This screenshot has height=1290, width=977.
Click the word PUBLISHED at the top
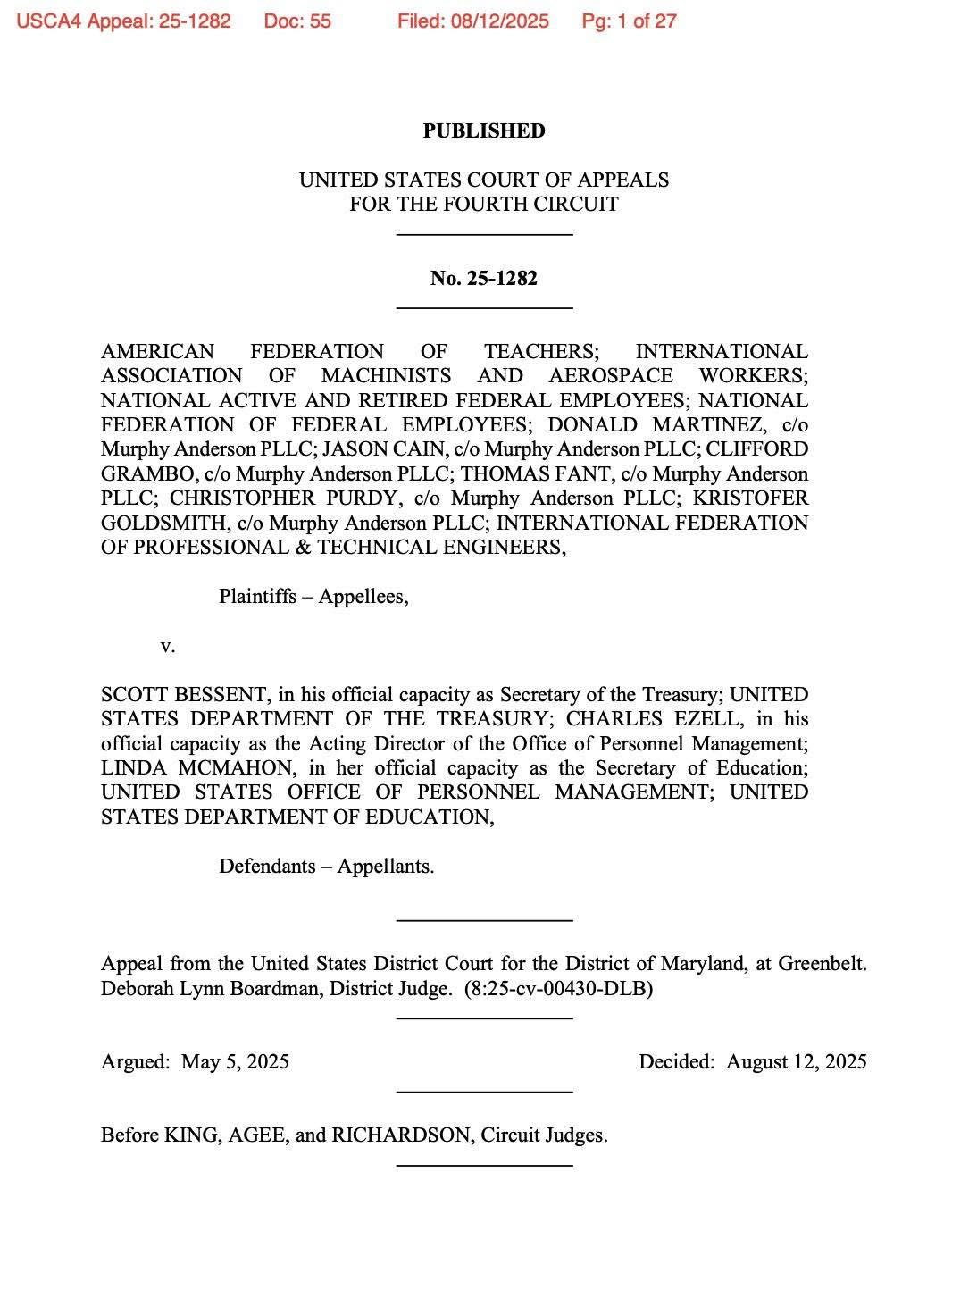click(483, 131)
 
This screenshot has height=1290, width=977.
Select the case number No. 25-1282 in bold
click(483, 279)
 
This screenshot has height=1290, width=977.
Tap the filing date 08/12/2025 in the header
click(500, 21)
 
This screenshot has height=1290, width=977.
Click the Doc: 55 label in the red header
click(297, 21)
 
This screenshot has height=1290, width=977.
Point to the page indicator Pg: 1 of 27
click(629, 21)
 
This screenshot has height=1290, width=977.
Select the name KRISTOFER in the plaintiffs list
click(750, 498)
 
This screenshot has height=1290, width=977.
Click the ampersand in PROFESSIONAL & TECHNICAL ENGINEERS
click(303, 548)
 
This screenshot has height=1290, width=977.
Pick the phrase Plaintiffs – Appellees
click(313, 597)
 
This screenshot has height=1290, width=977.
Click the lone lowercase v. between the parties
click(167, 646)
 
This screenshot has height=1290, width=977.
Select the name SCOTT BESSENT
click(185, 695)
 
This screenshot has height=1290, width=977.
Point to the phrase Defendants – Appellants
click(326, 867)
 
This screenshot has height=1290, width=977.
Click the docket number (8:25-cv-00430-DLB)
click(558, 989)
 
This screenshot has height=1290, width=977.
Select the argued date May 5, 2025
click(235, 1062)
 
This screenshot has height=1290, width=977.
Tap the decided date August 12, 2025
click(796, 1062)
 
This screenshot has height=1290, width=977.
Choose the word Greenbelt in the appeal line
click(821, 965)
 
